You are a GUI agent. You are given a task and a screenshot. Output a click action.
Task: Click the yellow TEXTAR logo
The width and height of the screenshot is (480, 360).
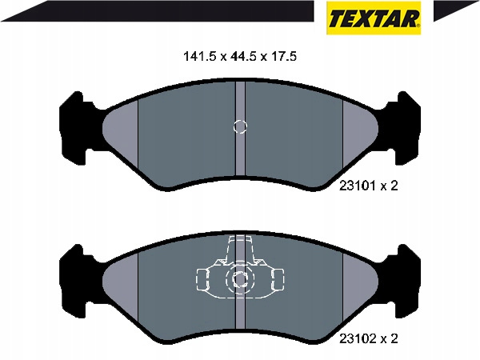point(374,18)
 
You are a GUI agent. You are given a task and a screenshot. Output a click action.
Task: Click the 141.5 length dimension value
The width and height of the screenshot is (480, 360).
point(199,57)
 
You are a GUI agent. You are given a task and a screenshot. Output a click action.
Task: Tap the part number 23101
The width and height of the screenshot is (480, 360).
point(358,186)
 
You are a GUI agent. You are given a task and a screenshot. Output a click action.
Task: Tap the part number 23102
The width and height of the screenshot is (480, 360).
point(358,339)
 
